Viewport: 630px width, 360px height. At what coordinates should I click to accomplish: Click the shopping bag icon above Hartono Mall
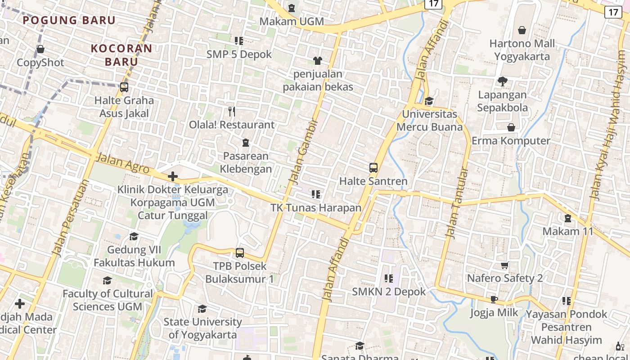coord(522,30)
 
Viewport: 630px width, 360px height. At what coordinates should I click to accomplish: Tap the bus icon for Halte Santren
coord(373,168)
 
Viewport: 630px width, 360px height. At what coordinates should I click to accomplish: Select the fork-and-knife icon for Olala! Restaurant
coord(232,111)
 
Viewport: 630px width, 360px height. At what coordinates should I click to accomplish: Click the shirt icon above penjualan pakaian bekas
coord(318,60)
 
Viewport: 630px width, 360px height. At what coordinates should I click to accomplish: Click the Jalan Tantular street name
coord(457,203)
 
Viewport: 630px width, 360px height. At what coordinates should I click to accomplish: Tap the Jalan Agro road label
coord(123,163)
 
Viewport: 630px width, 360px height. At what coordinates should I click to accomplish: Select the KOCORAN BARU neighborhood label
coord(121,55)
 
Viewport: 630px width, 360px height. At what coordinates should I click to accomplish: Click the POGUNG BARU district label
coord(69,20)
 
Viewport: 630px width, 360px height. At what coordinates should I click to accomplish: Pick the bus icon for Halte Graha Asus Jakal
coord(124,87)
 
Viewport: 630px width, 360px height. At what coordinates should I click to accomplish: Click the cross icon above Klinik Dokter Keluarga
coord(172,176)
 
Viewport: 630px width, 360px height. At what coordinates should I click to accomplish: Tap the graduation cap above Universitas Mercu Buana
coord(429,101)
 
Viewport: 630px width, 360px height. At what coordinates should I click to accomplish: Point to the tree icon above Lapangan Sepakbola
coord(502,81)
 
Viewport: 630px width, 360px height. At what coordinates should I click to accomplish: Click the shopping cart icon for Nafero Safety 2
coord(504,265)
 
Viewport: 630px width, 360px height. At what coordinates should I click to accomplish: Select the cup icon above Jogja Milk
coord(494,300)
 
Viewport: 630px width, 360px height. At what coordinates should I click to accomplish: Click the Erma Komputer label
coord(511,141)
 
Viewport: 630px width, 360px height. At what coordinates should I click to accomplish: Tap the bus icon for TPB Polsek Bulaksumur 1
coord(240,253)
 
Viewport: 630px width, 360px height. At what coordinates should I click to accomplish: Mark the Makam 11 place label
coord(568,231)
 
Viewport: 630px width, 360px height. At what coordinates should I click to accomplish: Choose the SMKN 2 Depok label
coord(389,292)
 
